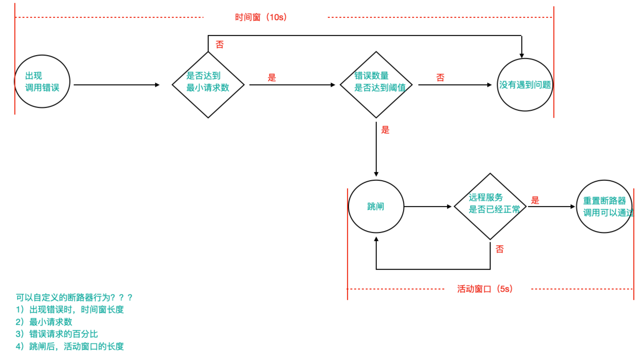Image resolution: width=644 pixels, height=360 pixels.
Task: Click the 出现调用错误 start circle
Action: pos(42,82)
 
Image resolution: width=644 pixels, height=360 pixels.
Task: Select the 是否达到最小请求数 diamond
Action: pos(208,85)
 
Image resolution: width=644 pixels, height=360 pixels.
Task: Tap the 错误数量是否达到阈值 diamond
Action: pos(376,85)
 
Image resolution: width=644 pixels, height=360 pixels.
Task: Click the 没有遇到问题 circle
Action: pos(525,85)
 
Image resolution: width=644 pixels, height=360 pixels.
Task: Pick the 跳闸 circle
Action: pos(376,207)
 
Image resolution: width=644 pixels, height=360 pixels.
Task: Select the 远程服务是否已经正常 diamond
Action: pos(490,207)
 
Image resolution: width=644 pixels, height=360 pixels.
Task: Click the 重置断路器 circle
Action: pos(604,207)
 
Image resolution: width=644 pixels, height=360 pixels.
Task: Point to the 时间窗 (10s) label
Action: pos(261,17)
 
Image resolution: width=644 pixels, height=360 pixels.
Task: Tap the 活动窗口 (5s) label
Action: pos(485,289)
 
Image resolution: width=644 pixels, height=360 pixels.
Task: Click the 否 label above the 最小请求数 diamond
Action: pos(220,45)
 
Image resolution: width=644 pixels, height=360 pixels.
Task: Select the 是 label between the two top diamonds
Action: pos(272,78)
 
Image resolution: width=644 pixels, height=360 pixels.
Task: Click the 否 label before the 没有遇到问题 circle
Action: pos(440,78)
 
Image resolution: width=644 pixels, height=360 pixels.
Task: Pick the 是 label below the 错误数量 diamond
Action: pos(385,130)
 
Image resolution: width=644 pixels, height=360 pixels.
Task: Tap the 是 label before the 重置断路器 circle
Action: pos(535,200)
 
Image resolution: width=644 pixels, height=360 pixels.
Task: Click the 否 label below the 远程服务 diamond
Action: pos(499,249)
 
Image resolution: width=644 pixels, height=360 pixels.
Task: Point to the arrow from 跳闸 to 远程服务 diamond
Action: pos(427,207)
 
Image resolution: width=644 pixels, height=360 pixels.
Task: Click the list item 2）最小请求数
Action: pos(44,322)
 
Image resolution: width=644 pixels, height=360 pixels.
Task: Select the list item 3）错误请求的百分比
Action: pos(57,334)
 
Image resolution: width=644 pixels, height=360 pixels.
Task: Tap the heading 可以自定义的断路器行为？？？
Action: pos(74,297)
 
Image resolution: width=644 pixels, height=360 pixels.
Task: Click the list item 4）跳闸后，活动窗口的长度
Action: pos(70,346)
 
